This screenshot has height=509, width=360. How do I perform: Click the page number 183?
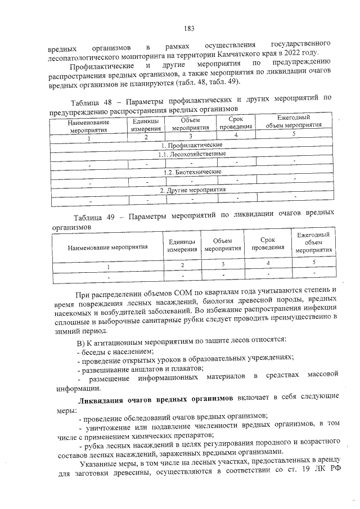pyautogui.click(x=188, y=29)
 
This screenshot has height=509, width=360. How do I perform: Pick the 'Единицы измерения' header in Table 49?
pyautogui.click(x=182, y=245)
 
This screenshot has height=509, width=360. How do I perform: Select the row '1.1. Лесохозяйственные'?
pyautogui.click(x=191, y=154)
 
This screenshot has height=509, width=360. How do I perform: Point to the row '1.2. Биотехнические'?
pyautogui.click(x=191, y=172)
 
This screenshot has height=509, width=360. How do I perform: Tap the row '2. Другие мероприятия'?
pyautogui.click(x=191, y=190)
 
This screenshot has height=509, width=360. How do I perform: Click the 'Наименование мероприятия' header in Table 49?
pyautogui.click(x=107, y=246)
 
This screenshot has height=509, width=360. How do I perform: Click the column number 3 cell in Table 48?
pyautogui.click(x=191, y=136)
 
